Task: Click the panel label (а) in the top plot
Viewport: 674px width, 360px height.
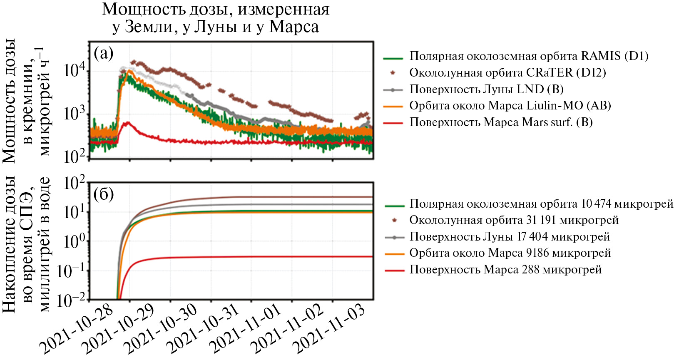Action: click(104, 53)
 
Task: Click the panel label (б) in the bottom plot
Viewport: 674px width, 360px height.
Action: click(104, 194)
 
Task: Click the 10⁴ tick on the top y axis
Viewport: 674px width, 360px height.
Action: click(75, 70)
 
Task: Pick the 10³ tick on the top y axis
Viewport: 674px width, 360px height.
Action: click(75, 113)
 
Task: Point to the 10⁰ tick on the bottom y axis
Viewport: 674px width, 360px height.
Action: click(75, 241)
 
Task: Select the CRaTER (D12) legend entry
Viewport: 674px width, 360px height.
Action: click(507, 73)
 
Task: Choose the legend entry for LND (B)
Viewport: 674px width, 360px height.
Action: click(486, 89)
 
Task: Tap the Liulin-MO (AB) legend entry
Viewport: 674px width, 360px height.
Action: click(510, 106)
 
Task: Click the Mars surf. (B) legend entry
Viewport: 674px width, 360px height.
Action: click(501, 122)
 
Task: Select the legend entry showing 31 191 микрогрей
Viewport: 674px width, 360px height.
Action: click(514, 220)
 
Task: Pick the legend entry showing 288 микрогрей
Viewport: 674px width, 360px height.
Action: click(505, 270)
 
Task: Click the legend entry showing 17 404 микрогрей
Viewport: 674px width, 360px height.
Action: click(510, 237)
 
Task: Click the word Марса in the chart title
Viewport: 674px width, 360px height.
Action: click(294, 27)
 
